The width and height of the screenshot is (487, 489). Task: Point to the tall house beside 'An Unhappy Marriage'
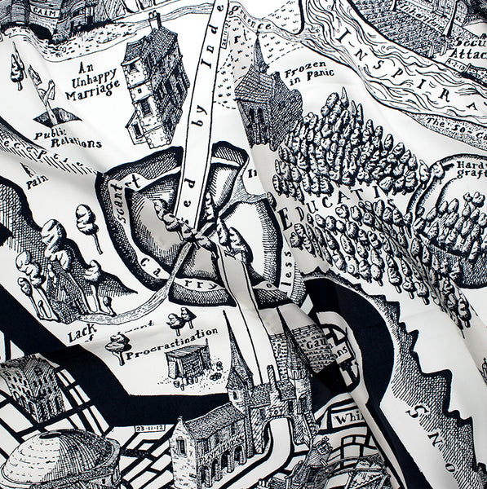pos(155,80)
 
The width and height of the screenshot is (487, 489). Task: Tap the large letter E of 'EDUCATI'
pos(286,218)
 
